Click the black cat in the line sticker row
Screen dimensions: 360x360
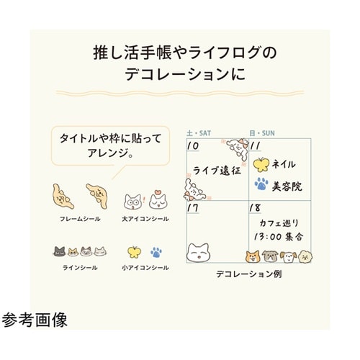coord(59,251)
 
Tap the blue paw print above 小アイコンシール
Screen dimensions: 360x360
coord(156,252)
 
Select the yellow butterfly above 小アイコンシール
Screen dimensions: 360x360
coord(135,252)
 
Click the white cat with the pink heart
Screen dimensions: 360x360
coord(158,199)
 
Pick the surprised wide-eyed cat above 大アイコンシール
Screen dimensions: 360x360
coord(132,202)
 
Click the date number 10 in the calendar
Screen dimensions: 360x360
coord(193,146)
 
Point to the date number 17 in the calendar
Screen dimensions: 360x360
coord(193,208)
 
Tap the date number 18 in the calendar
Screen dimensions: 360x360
coord(255,208)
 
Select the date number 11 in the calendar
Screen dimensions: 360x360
coord(255,146)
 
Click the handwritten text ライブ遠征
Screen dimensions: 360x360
coord(217,171)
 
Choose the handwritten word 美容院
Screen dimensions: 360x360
coord(287,186)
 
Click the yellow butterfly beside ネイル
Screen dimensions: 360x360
coord(261,165)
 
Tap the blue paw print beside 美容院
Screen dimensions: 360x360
coord(261,184)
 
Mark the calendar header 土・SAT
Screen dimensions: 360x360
coord(199,133)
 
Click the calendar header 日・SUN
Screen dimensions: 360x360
coord(262,133)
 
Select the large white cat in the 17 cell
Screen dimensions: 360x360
coord(198,253)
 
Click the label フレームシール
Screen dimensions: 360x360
coord(80,219)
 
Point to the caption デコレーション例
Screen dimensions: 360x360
coord(249,274)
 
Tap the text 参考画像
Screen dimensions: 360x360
coord(35,320)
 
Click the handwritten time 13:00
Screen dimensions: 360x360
coord(268,237)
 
